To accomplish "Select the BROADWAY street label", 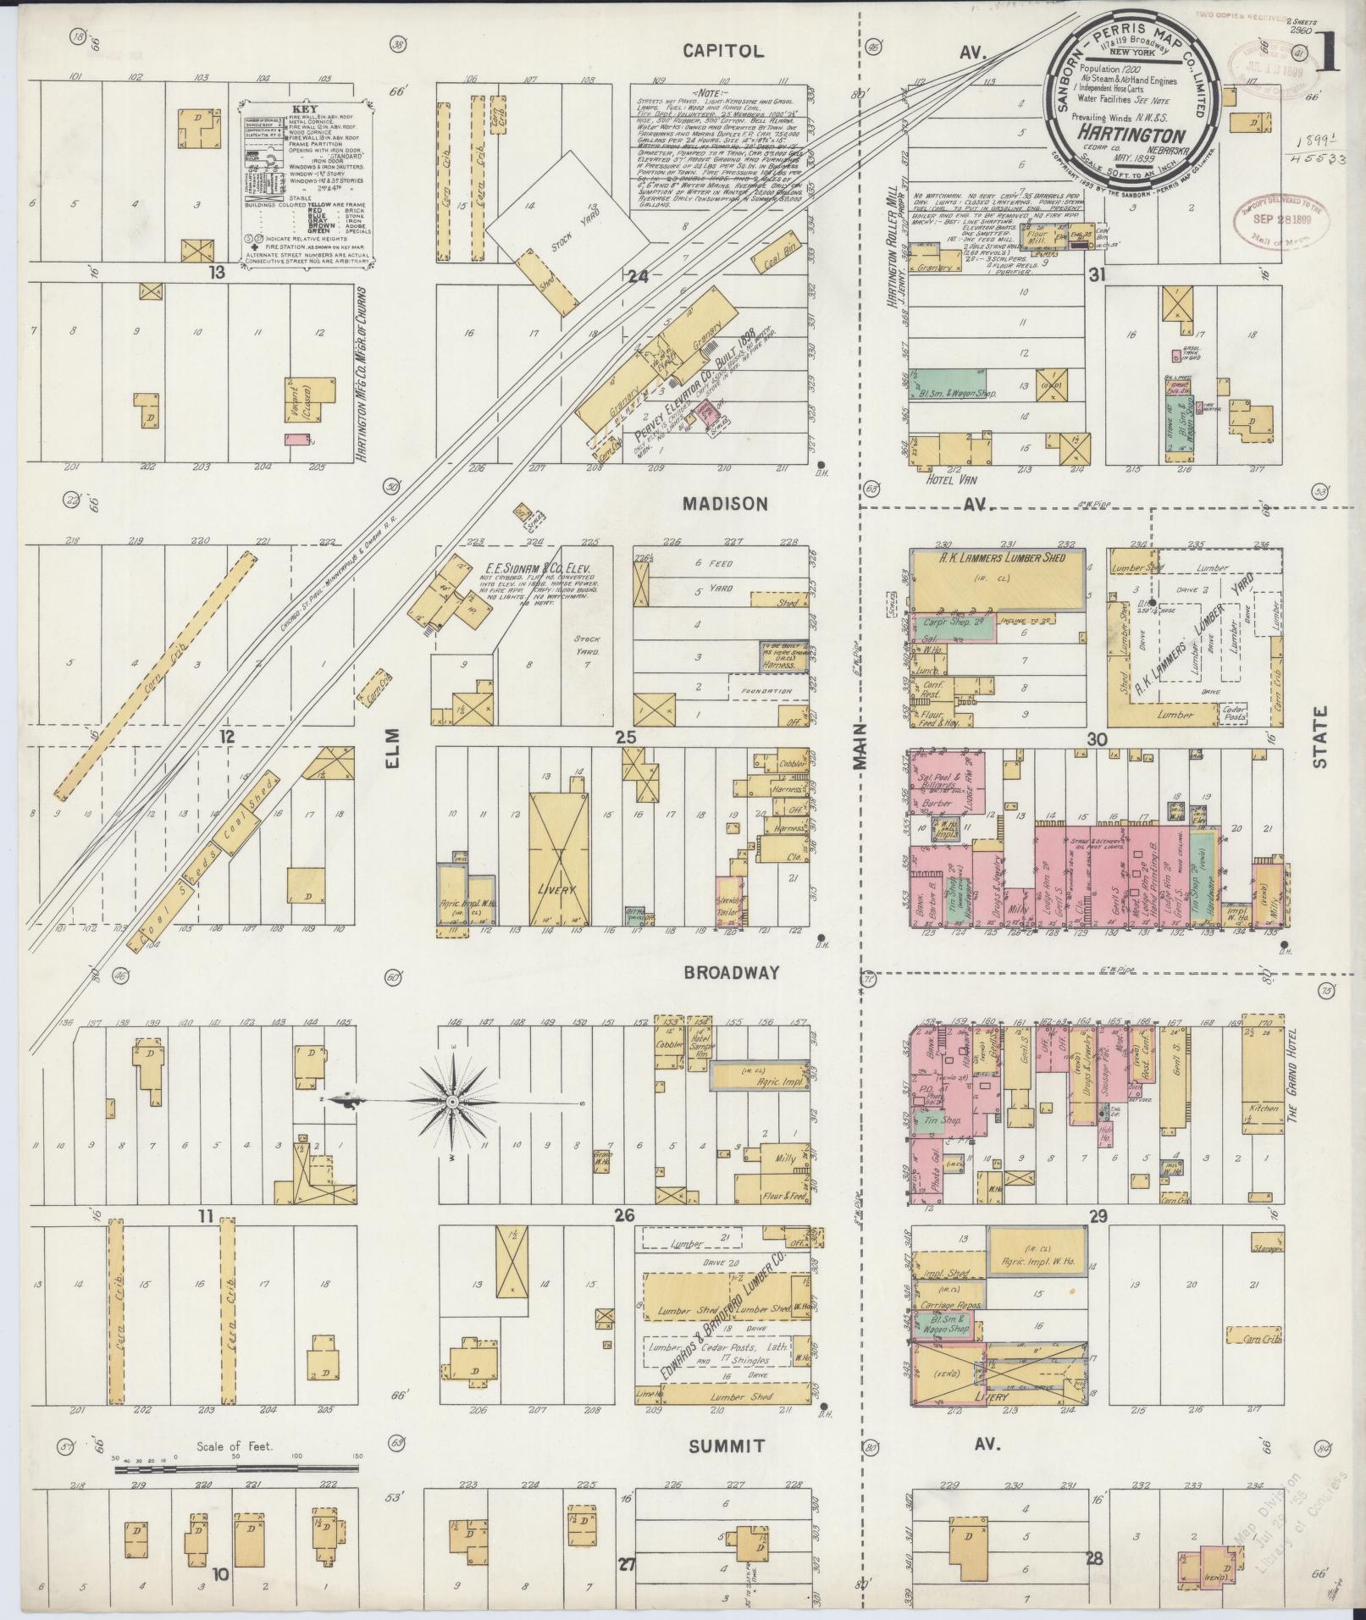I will click(731, 974).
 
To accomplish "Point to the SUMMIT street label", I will click(727, 1446).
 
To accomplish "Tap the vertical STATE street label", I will click(1319, 738).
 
